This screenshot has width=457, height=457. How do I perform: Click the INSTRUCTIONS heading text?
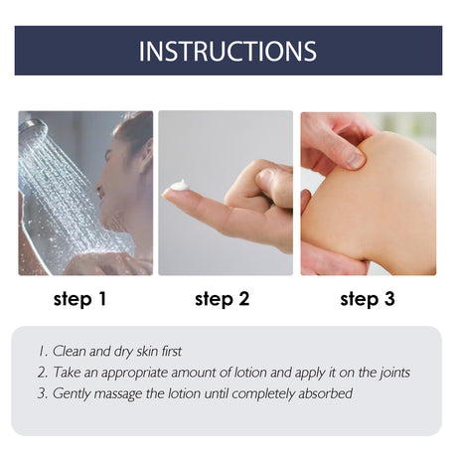pyautogui.click(x=228, y=51)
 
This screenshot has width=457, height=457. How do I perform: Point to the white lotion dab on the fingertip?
pyautogui.click(x=179, y=185)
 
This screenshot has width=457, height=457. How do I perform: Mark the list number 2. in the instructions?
pyautogui.click(x=43, y=373)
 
